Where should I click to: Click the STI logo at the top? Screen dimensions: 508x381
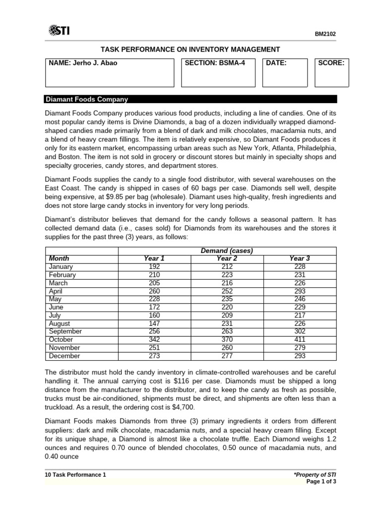pyautogui.click(x=59, y=31)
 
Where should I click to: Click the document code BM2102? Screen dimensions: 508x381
pyautogui.click(x=326, y=34)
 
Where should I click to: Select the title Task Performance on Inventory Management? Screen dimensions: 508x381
pyautogui.click(x=190, y=49)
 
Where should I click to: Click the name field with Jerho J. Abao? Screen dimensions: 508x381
pyautogui.click(x=110, y=72)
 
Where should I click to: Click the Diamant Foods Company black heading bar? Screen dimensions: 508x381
pyautogui.click(x=190, y=99)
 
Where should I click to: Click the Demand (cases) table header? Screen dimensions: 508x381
pyautogui.click(x=227, y=251)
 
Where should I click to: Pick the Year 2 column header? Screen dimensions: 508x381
pyautogui.click(x=227, y=258)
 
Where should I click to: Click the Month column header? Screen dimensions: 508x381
pyautogui.click(x=59, y=258)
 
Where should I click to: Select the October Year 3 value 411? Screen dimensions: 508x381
pyautogui.click(x=300, y=340)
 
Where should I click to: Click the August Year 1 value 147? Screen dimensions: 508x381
pyautogui.click(x=154, y=323)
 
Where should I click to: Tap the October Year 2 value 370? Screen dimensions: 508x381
pyautogui.click(x=227, y=340)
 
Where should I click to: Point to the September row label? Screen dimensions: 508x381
pyautogui.click(x=65, y=331)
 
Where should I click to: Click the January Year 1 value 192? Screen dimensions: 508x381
pyautogui.click(x=154, y=266)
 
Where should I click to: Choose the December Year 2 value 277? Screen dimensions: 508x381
pyautogui.click(x=227, y=356)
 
